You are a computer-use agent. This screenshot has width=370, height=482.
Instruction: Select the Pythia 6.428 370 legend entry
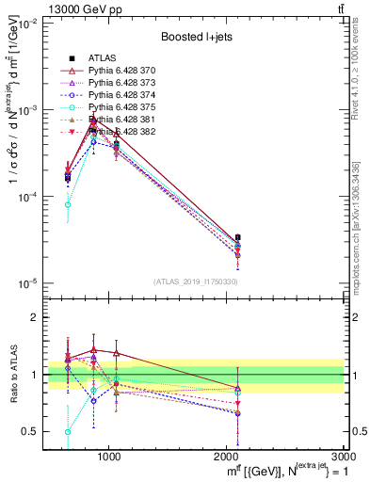(117, 71)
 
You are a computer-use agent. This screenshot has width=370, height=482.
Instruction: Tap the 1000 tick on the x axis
(109, 456)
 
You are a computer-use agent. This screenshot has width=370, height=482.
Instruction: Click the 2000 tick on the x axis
(227, 456)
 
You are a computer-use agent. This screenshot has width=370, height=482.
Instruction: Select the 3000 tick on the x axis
(344, 456)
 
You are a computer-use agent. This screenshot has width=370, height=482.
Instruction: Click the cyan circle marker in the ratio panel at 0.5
(68, 431)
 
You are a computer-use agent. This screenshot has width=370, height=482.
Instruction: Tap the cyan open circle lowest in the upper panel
(68, 204)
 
